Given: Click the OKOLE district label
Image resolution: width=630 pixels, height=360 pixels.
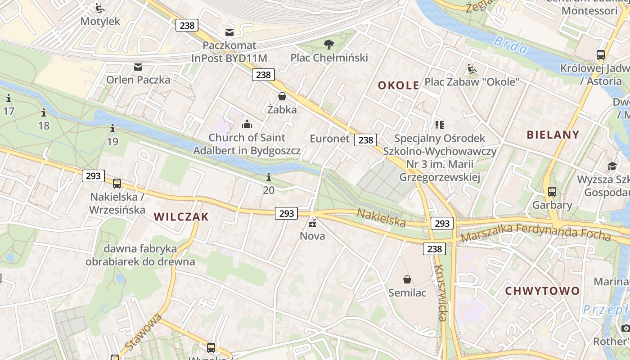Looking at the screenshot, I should (x=398, y=85).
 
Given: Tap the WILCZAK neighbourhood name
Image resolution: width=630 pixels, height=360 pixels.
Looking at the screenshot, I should (x=181, y=217).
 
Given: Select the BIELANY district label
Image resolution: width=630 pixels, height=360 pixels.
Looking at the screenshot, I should (x=553, y=134).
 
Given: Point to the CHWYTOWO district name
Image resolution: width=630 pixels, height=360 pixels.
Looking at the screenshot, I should (x=542, y=291).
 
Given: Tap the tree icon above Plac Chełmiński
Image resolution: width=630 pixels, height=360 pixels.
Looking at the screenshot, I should (x=329, y=44).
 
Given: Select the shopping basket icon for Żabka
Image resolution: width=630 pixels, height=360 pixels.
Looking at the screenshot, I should (x=282, y=96).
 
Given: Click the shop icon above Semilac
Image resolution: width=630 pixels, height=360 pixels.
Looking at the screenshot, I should (x=407, y=279).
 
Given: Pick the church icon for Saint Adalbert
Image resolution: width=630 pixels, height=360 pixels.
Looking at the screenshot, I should (x=247, y=124).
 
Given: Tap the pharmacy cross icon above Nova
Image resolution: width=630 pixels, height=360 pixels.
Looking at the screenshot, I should (x=312, y=223).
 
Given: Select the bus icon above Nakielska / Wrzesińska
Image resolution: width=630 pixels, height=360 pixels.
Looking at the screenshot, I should (x=117, y=183).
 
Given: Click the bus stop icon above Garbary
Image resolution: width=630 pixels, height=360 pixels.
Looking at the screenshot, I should (x=552, y=192).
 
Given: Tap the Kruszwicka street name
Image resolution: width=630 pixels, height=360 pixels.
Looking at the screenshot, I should (x=440, y=293).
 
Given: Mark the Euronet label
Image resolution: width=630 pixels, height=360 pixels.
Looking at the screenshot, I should (x=329, y=139).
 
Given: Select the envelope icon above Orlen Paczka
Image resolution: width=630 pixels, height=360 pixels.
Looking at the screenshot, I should (x=138, y=67).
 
